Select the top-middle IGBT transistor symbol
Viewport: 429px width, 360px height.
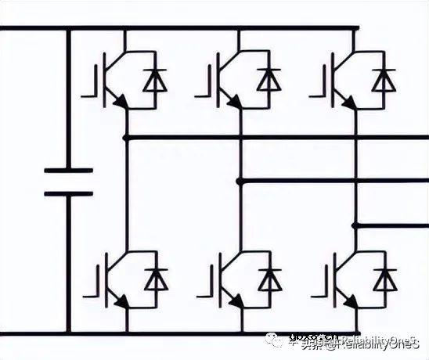(x=223, y=79)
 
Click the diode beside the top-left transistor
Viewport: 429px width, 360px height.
(x=156, y=79)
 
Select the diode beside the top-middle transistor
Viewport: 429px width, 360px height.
(x=270, y=79)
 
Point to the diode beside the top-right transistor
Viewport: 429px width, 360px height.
(x=384, y=79)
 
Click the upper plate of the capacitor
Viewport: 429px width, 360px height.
(x=68, y=170)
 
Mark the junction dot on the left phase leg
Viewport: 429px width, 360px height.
(x=126, y=138)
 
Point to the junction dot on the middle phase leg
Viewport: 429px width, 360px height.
(x=240, y=181)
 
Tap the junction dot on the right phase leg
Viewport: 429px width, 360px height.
(x=355, y=225)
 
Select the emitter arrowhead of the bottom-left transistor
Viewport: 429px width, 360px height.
(x=119, y=301)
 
